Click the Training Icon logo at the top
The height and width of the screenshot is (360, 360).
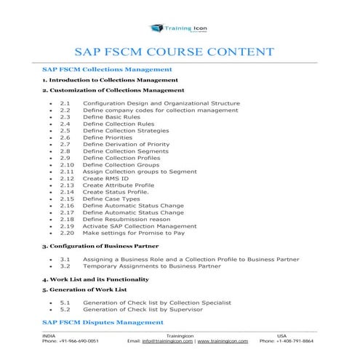pos(179,28)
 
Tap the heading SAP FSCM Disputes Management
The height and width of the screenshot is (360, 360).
pos(103,321)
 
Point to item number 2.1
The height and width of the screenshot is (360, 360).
pos(65,103)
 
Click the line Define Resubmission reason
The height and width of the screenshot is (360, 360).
pos(127,219)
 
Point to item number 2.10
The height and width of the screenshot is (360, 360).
pos(66,164)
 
